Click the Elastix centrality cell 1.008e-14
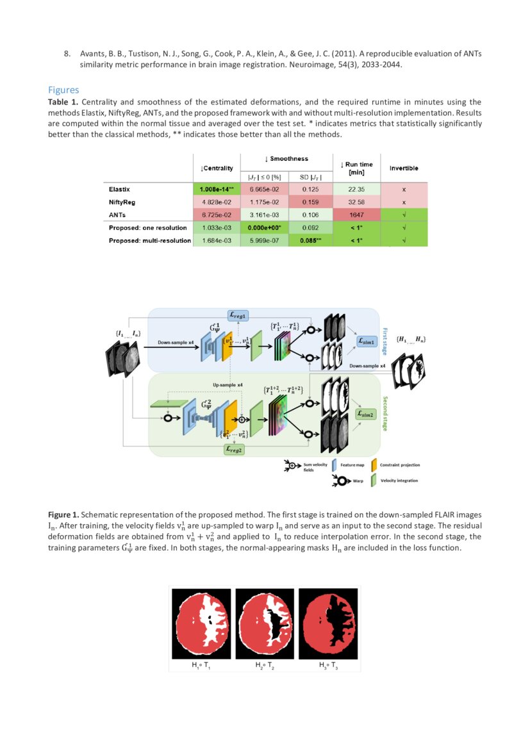(x=216, y=190)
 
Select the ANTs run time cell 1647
(x=356, y=216)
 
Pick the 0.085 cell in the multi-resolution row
(x=311, y=241)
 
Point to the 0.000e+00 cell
(x=264, y=228)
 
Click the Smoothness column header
(x=286, y=159)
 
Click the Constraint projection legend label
(x=399, y=465)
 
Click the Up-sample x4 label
(x=228, y=384)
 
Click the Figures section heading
(x=63, y=90)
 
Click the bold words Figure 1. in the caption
(x=63, y=514)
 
